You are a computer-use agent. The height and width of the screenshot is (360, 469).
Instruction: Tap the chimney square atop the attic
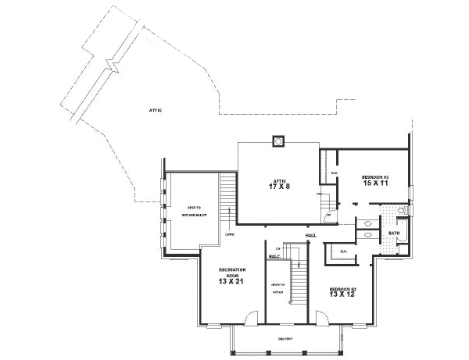point(277,141)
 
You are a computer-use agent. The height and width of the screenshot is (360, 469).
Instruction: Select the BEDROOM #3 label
point(375,177)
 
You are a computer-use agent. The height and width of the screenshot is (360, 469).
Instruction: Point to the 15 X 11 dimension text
point(375,185)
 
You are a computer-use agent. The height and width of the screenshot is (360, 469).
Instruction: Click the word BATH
point(394,232)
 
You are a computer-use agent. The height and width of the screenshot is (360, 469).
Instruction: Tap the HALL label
point(310,233)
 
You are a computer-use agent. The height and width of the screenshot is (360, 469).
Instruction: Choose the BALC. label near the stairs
point(274,256)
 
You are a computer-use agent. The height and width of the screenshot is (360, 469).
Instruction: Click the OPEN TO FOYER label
point(277,287)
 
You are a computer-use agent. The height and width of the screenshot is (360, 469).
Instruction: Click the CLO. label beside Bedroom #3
point(335,173)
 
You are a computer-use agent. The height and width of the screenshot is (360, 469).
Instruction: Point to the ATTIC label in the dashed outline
point(156,111)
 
